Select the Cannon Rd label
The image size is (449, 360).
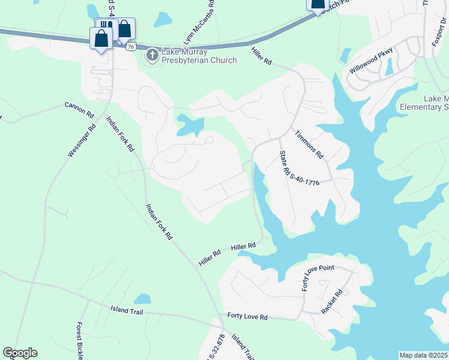[80, 109]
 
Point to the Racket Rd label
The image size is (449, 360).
[331, 302]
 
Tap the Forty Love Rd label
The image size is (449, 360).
[247, 316]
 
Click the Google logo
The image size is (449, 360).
[20, 353]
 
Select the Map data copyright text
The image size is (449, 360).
[424, 355]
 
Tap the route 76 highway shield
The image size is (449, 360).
[131, 46]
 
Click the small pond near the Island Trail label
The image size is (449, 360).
[142, 298]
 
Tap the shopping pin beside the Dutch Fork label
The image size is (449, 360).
[317, 5]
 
